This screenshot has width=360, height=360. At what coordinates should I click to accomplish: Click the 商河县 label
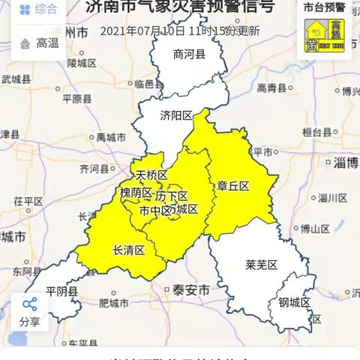(188, 54)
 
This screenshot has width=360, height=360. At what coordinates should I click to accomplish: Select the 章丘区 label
(233, 185)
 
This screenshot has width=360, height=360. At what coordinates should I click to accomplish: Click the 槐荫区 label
(136, 193)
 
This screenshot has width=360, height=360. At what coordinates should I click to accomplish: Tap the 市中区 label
(155, 210)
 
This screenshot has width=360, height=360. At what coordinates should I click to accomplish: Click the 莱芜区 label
(261, 265)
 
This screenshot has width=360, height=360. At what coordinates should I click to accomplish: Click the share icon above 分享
(30, 304)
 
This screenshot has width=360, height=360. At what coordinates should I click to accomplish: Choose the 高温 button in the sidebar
(37, 43)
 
